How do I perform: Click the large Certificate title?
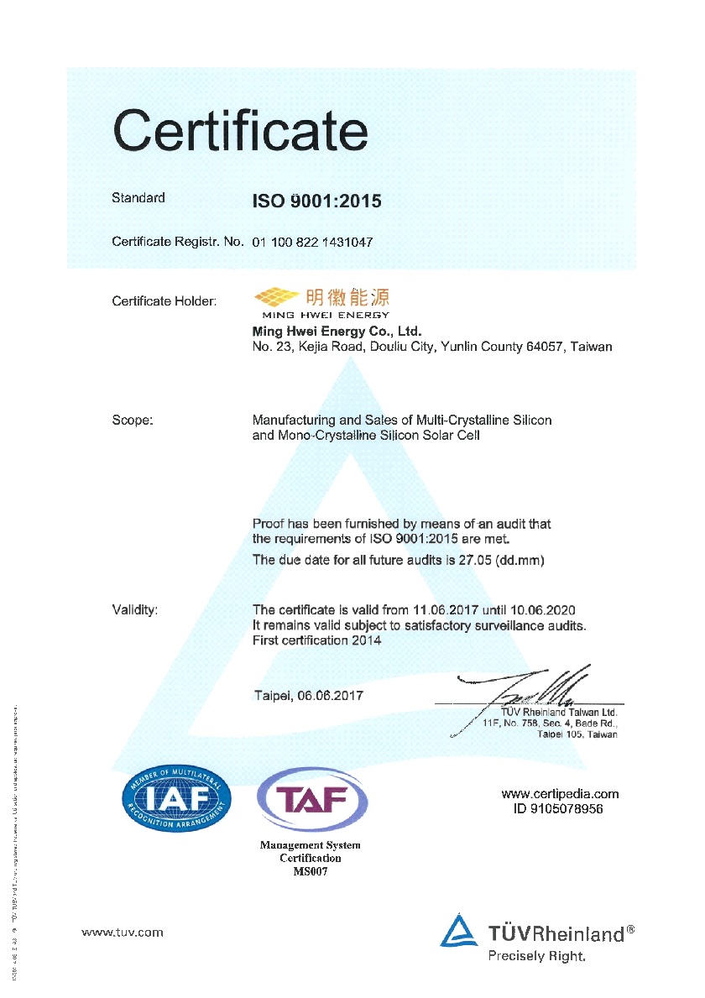(x=240, y=132)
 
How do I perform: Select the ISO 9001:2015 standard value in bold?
(x=317, y=201)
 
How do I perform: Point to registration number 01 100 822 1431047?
(x=312, y=242)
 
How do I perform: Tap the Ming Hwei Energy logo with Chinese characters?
(x=322, y=300)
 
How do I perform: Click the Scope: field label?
(x=132, y=420)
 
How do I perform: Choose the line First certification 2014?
(x=317, y=640)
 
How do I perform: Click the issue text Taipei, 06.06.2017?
(x=308, y=696)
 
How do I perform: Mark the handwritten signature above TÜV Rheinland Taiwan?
(x=537, y=684)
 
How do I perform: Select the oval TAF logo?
(x=311, y=800)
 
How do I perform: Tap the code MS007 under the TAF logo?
(x=311, y=871)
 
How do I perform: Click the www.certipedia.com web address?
(x=560, y=793)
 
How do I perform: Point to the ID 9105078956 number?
(x=558, y=808)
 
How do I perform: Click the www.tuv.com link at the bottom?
(x=123, y=932)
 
